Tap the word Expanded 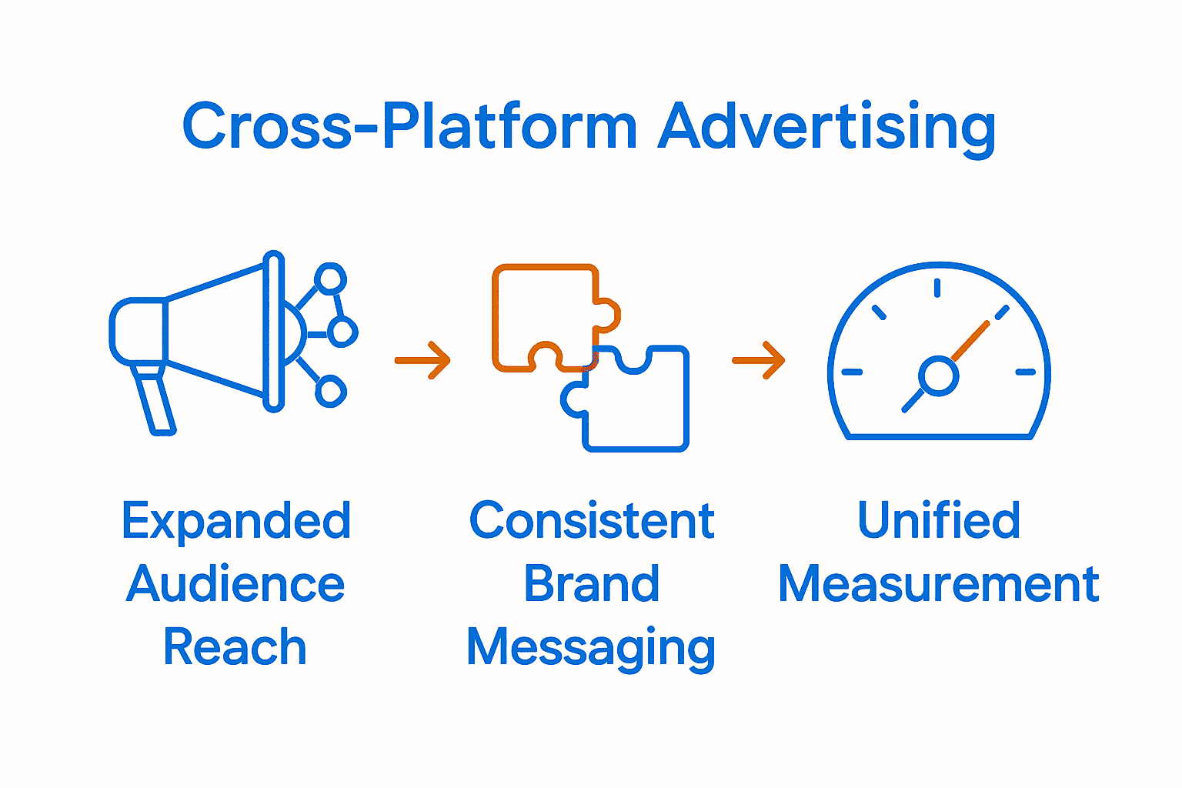coord(236,522)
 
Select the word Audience coord(235,585)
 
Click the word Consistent coord(592,522)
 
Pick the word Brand coord(592,585)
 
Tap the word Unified coord(939,522)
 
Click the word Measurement coord(939,585)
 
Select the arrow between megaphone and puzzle coord(423,359)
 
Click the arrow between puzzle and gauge coord(759,359)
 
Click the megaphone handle coord(155,400)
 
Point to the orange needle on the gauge coord(971,340)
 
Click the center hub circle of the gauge coord(938,376)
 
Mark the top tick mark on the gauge coord(937,288)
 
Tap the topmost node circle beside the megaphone coord(330,279)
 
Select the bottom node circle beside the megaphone coord(330,392)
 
